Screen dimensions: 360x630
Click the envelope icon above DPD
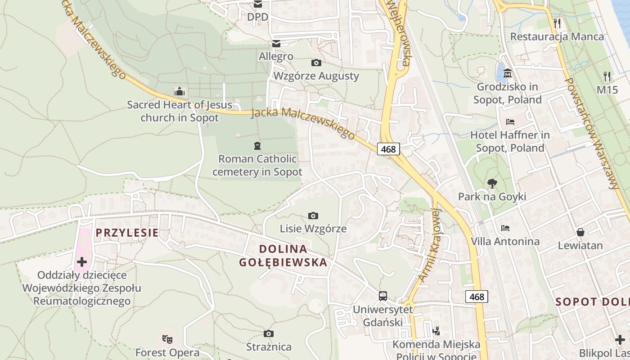point(258,4)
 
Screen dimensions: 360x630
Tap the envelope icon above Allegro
point(276,44)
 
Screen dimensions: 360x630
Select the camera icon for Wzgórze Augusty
point(316,63)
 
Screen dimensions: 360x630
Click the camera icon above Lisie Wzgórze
point(313,216)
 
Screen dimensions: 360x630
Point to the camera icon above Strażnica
point(269,334)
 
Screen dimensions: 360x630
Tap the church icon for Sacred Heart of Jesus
point(180,92)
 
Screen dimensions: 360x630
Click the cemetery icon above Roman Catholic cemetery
point(257,146)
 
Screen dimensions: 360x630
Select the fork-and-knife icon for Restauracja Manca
point(557,23)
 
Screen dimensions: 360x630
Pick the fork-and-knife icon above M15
point(607,76)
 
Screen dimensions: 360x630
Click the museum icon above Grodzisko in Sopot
point(508,73)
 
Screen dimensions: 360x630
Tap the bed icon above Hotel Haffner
point(510,122)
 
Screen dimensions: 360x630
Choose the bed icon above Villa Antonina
point(505,228)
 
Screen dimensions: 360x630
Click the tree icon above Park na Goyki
point(492,183)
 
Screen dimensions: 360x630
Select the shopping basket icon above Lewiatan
point(580,232)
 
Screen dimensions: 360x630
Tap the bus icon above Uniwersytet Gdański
point(382,296)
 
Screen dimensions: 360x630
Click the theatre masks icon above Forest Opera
point(167,339)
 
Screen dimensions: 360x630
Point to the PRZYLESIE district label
point(127,233)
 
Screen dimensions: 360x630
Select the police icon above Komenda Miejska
point(436,332)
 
